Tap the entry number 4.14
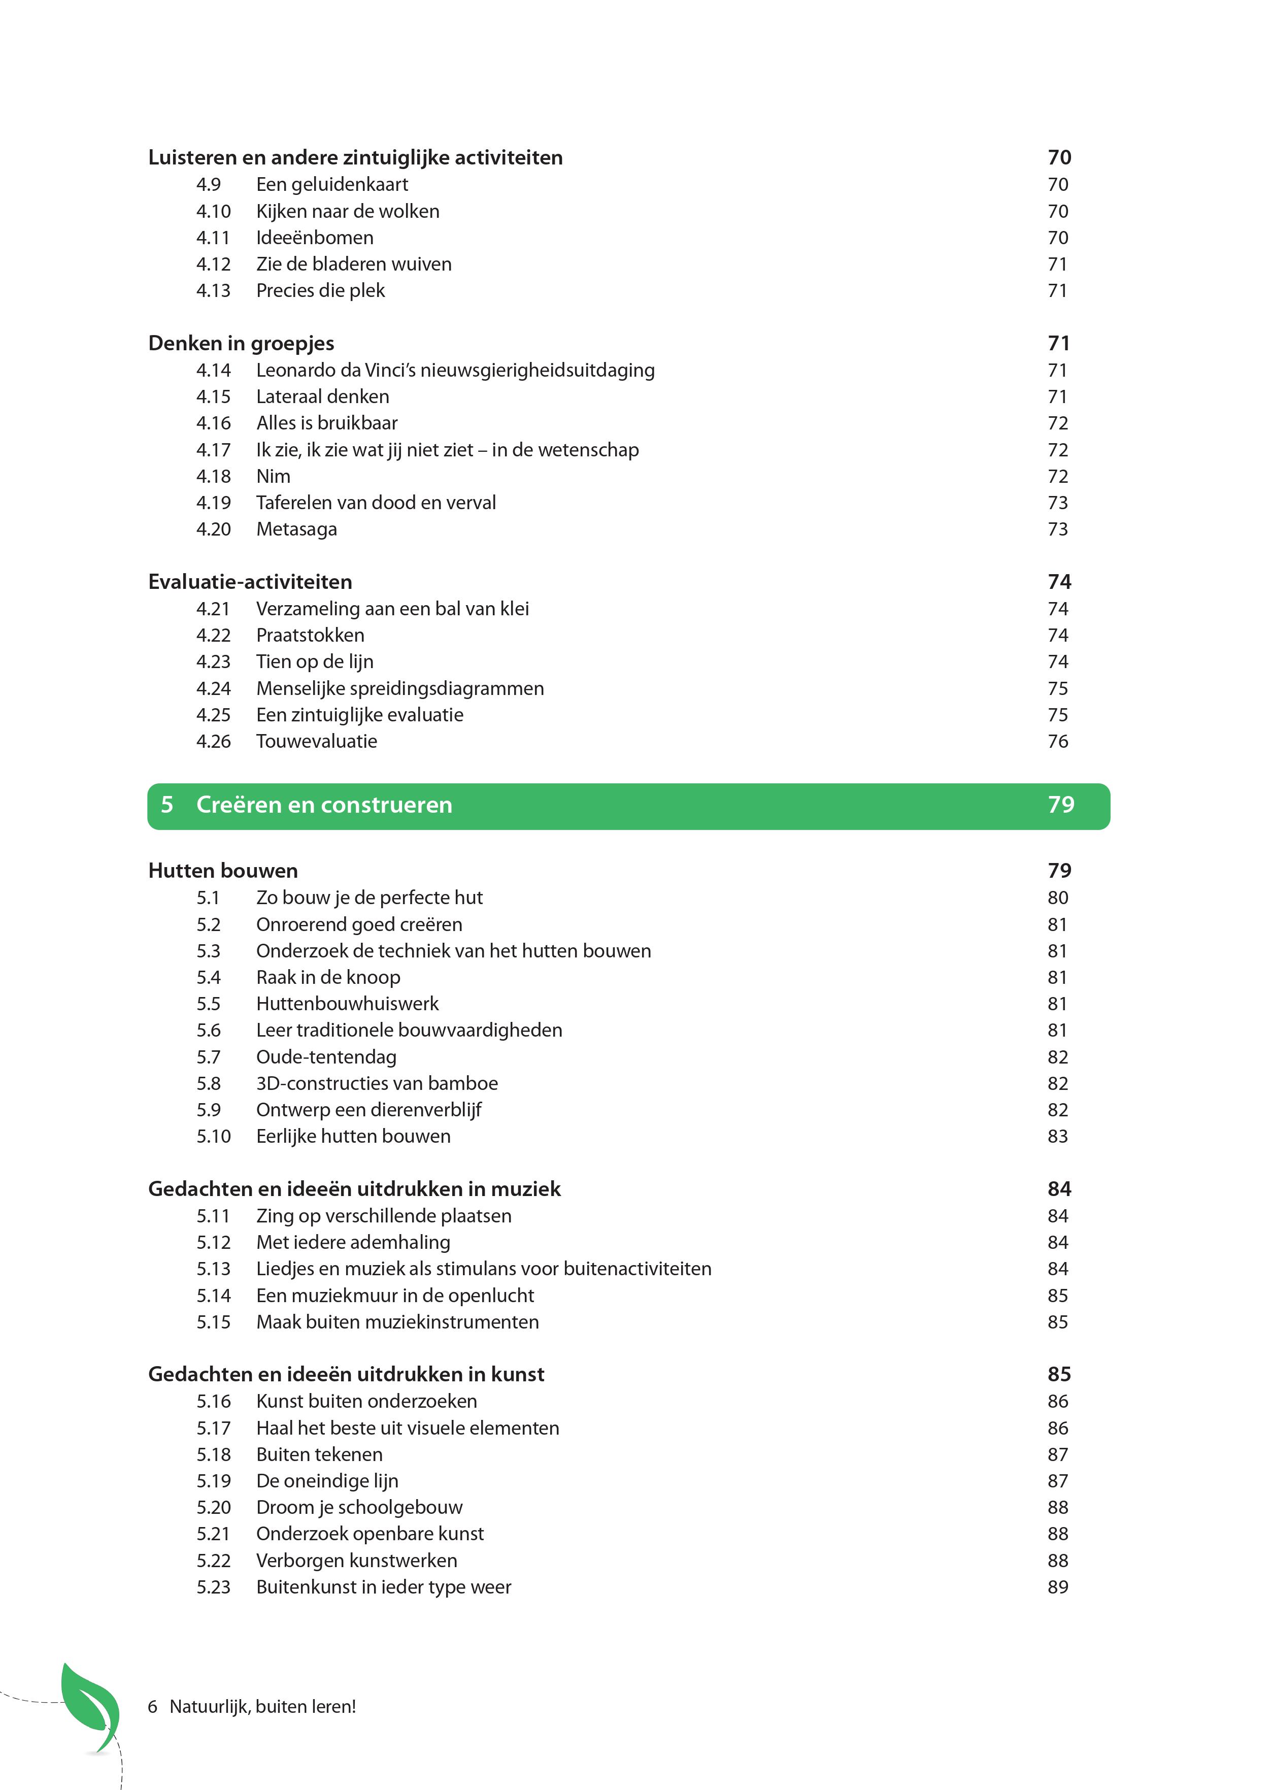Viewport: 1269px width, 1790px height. click(x=213, y=371)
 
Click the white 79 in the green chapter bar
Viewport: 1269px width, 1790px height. click(x=1060, y=805)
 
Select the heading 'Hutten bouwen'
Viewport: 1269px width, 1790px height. click(x=223, y=871)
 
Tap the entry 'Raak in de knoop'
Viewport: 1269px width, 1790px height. click(x=328, y=977)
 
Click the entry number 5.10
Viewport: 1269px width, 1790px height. click(x=213, y=1136)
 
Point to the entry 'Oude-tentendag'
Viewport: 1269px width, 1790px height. click(x=326, y=1057)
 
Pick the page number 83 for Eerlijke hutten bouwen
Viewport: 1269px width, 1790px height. click(x=1057, y=1136)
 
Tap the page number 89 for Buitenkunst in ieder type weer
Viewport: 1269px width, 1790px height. click(x=1057, y=1587)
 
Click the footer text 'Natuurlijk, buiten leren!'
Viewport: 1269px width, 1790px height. click(x=262, y=1706)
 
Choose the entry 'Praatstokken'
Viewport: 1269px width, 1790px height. click(x=310, y=635)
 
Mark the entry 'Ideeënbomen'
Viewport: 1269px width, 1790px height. click(x=314, y=238)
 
